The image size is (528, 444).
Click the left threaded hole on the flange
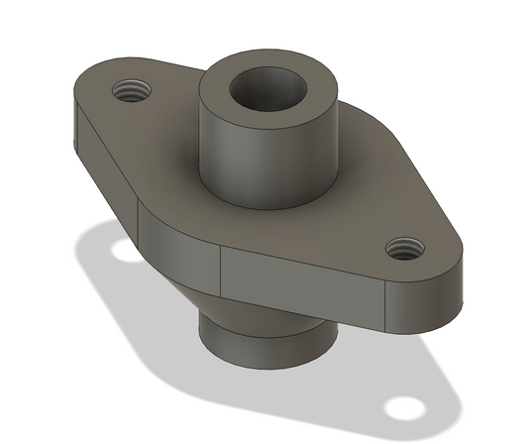[x=130, y=92]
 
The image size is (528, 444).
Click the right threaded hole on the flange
[x=402, y=247]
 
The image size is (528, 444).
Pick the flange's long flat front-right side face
[x=297, y=281]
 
